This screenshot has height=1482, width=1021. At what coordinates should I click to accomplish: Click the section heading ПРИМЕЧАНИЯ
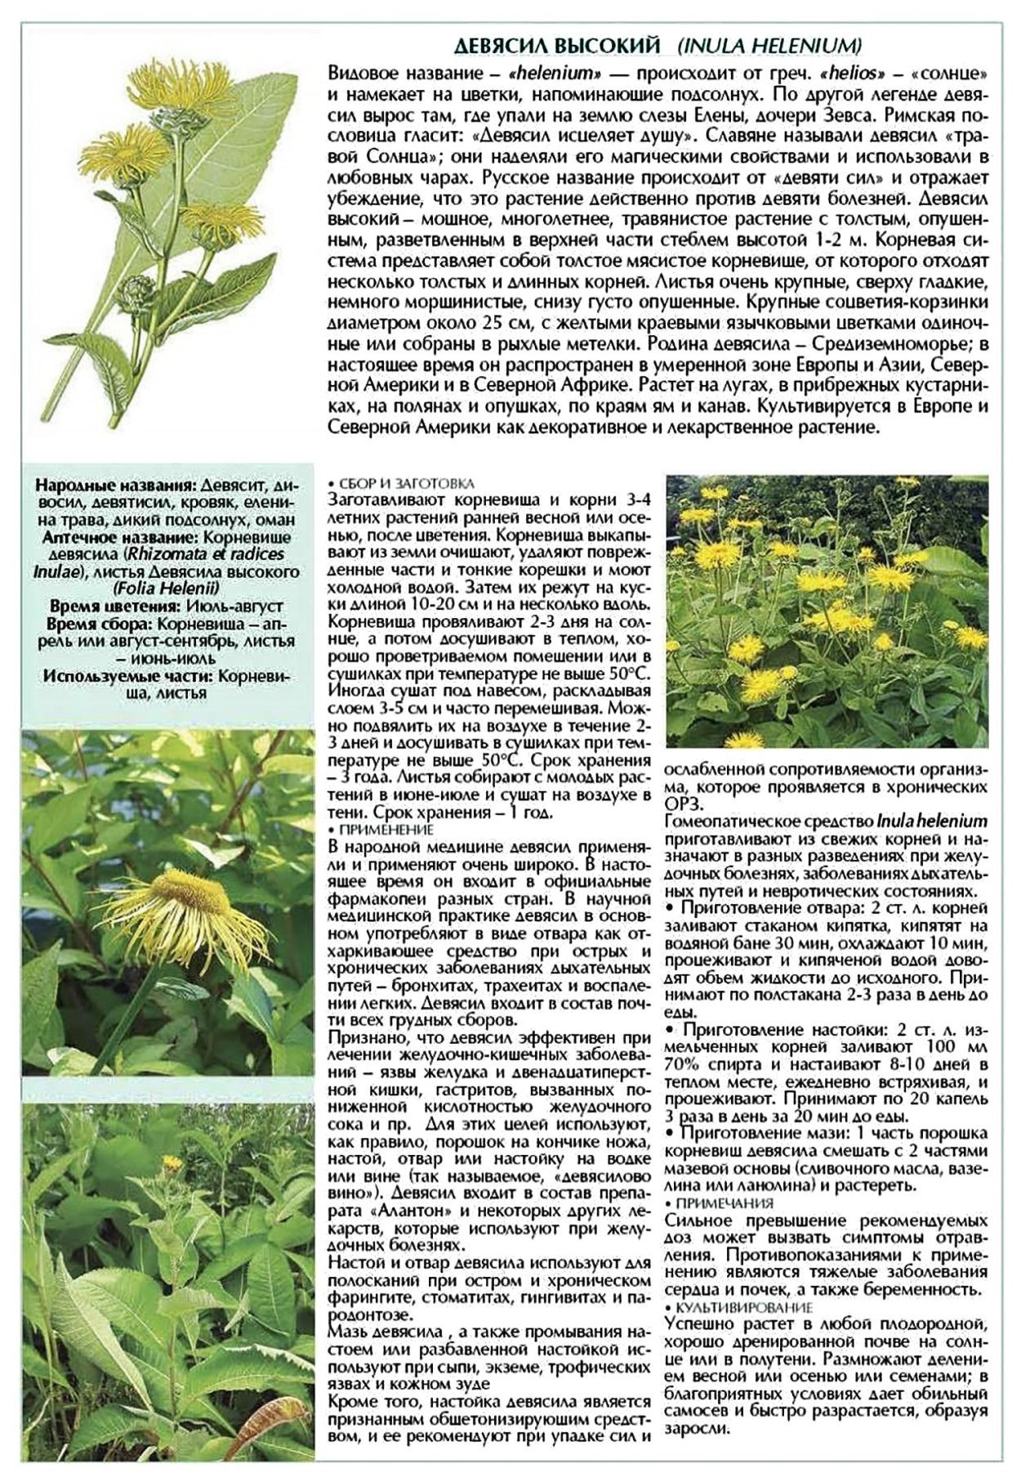tap(724, 1202)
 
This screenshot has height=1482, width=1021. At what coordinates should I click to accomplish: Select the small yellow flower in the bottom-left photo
tap(172, 1162)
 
